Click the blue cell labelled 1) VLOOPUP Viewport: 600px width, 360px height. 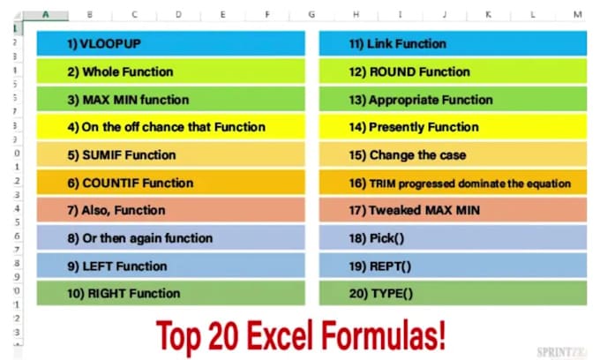click(170, 43)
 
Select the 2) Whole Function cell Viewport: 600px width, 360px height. click(170, 71)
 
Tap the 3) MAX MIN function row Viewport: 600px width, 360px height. click(170, 100)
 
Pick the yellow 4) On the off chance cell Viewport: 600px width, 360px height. click(170, 127)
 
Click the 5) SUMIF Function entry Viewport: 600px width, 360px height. click(170, 155)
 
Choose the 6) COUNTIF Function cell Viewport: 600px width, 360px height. click(170, 183)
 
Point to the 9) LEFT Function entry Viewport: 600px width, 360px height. click(170, 266)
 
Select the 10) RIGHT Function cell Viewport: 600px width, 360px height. click(170, 293)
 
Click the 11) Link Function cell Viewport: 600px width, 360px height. click(453, 43)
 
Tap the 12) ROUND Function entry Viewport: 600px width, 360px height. click(453, 71)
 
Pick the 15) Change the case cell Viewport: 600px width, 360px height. click(453, 155)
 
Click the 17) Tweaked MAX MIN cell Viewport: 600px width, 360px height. click(453, 210)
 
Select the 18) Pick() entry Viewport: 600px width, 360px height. click(453, 238)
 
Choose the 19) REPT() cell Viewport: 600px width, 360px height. click(453, 266)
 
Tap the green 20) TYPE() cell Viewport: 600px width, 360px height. click(453, 293)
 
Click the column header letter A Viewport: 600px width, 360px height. click(43, 15)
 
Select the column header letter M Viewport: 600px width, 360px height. click(576, 15)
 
